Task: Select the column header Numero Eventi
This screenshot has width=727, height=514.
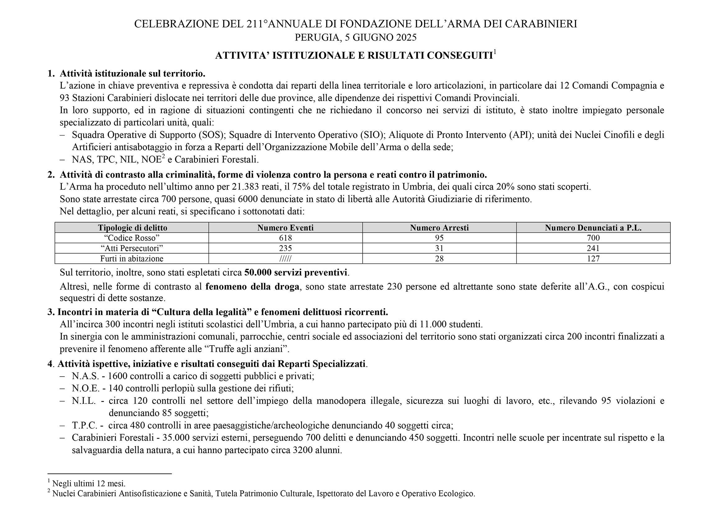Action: coord(285,228)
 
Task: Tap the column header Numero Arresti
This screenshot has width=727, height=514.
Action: coord(439,228)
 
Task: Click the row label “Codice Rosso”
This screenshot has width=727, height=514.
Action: coord(132,238)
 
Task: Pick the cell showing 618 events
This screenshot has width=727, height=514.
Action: coord(285,238)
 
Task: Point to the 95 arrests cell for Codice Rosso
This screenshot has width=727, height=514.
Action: coord(439,238)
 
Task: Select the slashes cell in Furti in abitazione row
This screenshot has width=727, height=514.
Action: coord(285,259)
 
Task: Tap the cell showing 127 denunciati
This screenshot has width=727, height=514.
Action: coord(593,259)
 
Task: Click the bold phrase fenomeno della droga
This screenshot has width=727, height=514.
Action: coord(252,287)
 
